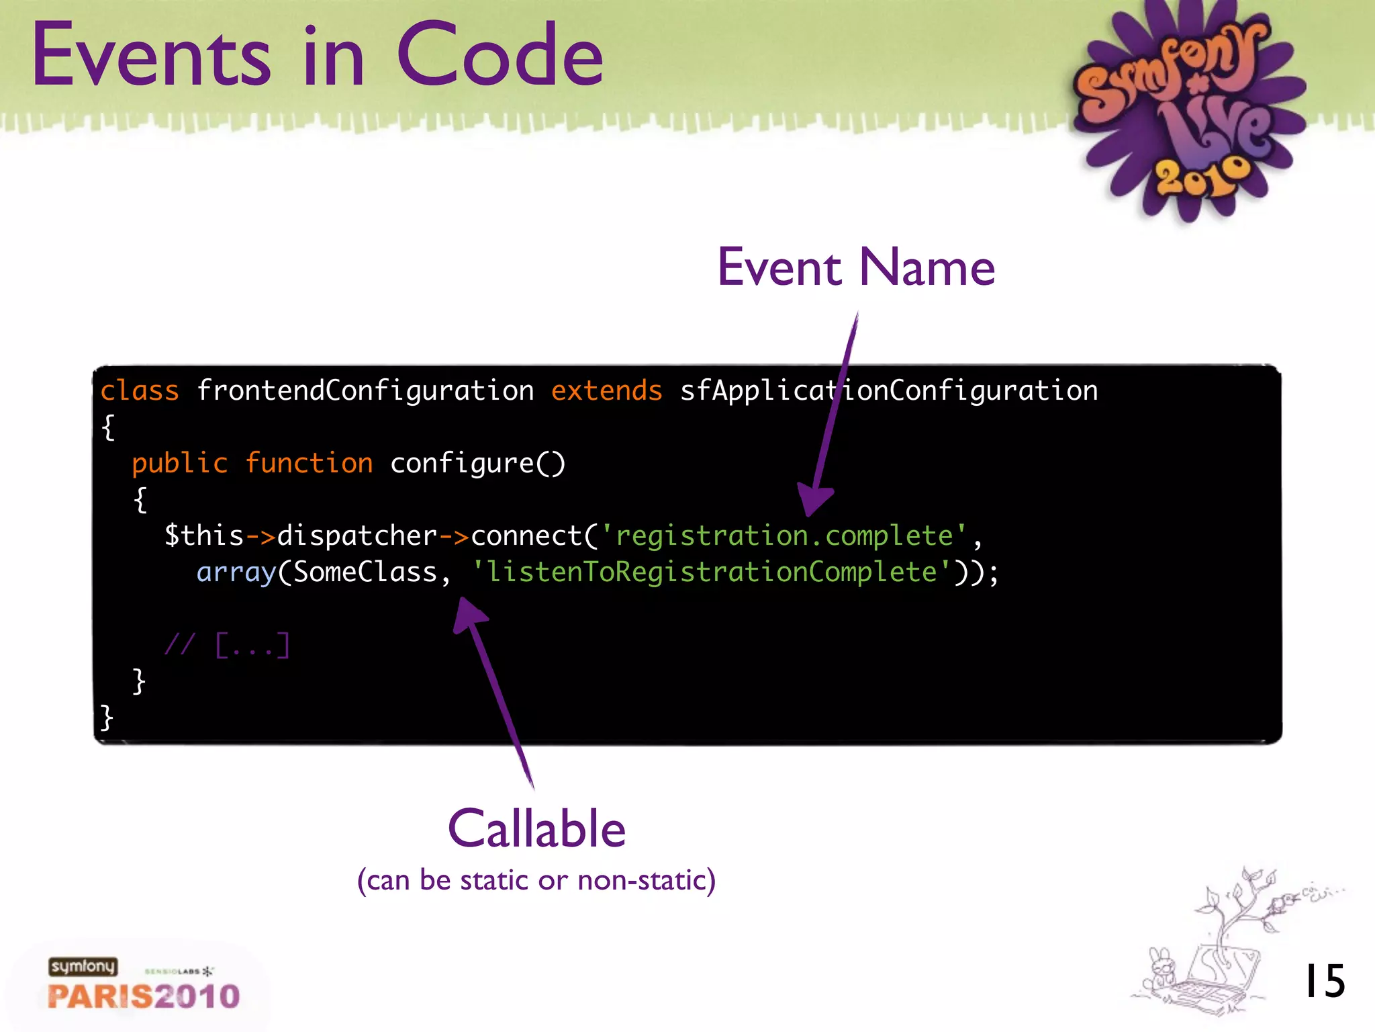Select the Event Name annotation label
coord(856,267)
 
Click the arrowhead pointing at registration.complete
coord(814,501)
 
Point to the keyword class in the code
coord(140,390)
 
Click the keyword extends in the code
coord(606,390)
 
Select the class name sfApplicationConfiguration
coord(888,390)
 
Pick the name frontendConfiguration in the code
coord(365,390)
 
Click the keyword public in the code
coord(179,464)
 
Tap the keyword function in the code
coord(309,464)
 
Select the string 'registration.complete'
coord(784,536)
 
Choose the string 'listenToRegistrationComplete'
coord(711,572)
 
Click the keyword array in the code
coord(236,572)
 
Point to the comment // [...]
coord(227,645)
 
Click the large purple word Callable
coord(536,829)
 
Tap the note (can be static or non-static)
coord(536,880)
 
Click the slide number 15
coord(1324,982)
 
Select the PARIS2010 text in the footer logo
coord(144,996)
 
